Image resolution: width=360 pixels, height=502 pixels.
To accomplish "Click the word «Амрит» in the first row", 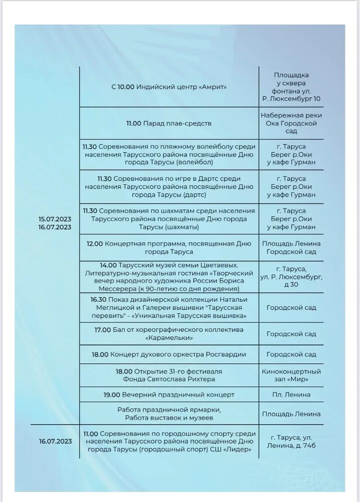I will coord(213,87).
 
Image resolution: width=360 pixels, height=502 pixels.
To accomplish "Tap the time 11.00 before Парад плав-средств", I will coord(134,123).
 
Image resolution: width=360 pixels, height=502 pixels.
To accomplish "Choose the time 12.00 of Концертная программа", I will coord(94,244).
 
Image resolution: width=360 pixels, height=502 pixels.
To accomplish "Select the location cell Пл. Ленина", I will coord(291,395).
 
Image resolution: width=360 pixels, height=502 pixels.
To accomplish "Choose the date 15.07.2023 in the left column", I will coord(55,219).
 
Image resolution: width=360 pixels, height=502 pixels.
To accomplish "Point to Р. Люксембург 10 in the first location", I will coord(291,99).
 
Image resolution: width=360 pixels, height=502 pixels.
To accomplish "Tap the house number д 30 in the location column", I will coord(291,285).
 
